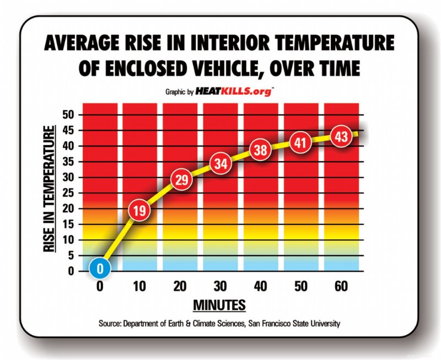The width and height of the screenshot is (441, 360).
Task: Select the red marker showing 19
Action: [140, 209]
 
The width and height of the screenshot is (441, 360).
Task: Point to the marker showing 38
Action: [260, 150]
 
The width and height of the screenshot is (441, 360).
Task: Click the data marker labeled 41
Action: [300, 142]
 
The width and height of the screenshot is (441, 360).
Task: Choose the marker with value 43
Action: [340, 136]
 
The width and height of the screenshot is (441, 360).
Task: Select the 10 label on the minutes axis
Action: [140, 287]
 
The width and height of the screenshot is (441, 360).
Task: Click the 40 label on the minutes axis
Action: [260, 287]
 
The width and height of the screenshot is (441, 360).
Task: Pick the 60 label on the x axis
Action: [340, 287]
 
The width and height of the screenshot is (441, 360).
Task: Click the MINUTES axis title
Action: [219, 305]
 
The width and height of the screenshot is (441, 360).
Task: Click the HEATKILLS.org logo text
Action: [241, 92]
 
